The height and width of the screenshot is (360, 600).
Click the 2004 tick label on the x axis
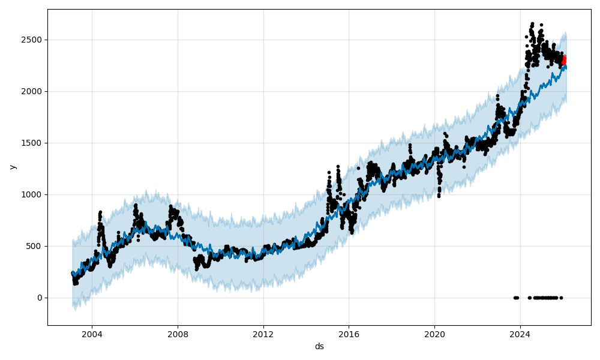[x=92, y=334]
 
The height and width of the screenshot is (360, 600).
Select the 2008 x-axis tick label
[x=178, y=334]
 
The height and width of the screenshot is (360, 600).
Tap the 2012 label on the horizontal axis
[x=263, y=334]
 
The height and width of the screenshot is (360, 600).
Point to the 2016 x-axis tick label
[x=349, y=334]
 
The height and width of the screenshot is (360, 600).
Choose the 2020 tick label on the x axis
[x=434, y=334]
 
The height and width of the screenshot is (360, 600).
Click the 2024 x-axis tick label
[x=520, y=334]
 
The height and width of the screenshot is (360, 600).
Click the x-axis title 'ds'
[x=319, y=346]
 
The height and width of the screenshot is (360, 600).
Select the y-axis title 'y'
[x=11, y=167]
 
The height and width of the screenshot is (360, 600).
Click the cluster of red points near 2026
[x=563, y=60]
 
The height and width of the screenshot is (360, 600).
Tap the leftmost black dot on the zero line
[x=515, y=298]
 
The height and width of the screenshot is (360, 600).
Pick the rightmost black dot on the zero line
[x=561, y=298]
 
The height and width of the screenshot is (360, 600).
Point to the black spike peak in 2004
[x=100, y=212]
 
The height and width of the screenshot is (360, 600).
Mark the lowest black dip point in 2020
[x=439, y=196]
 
